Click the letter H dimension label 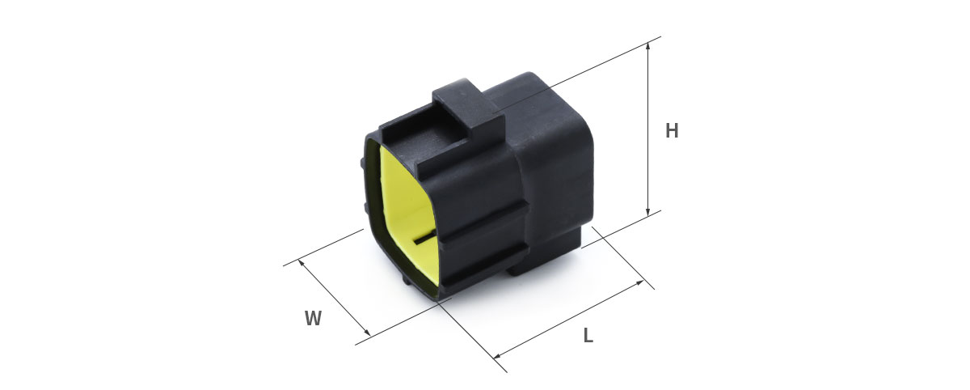[672, 131]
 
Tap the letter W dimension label [313, 319]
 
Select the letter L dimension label [588, 336]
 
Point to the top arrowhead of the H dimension [647, 45]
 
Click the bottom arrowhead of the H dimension [647, 212]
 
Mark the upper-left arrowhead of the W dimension [301, 263]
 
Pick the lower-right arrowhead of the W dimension [368, 333]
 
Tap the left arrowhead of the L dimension [496, 356]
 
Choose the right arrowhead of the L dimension [640, 282]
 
